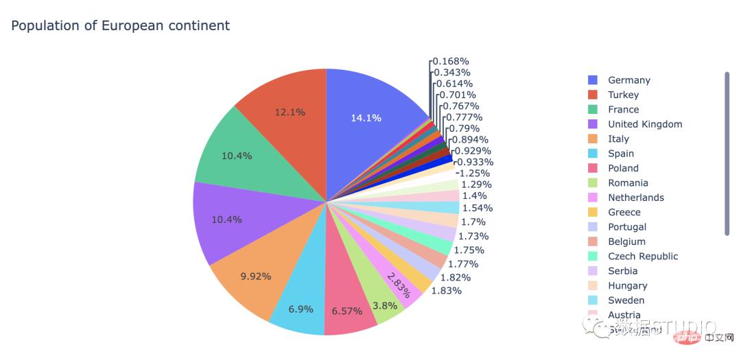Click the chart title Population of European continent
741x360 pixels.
tap(120, 26)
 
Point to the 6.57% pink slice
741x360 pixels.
tap(346, 311)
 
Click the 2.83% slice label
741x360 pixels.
tap(400, 285)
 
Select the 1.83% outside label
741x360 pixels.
tap(446, 290)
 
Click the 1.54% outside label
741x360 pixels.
tap(477, 208)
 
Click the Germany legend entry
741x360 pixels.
tap(628, 80)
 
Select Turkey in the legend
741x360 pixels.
tap(623, 95)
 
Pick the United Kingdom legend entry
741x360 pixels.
tap(644, 124)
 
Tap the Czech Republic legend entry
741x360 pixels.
tap(642, 256)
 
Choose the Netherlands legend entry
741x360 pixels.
tap(635, 197)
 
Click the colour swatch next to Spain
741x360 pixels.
tap(593, 154)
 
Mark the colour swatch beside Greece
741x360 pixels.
tap(593, 213)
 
